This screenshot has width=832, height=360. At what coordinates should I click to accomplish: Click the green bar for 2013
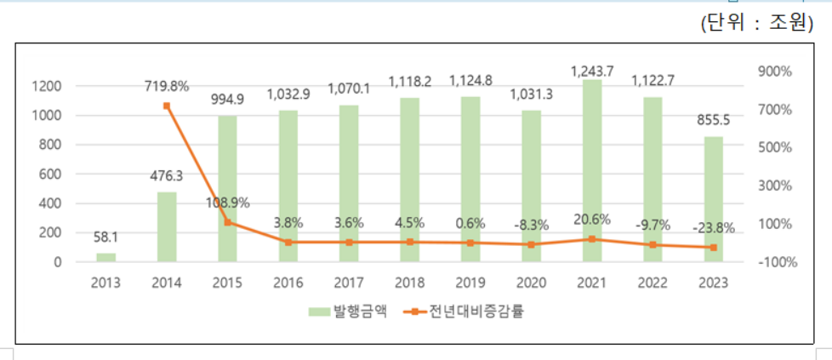[105, 257]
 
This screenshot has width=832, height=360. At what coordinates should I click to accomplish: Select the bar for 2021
[592, 170]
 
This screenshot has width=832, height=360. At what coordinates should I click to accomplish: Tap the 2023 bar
[714, 199]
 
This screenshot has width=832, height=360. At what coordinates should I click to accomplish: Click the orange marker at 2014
[167, 106]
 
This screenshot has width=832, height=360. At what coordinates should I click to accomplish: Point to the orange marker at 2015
[227, 222]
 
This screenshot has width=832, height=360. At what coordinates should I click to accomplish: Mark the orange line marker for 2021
[592, 239]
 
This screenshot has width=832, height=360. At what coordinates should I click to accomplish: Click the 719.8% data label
[167, 86]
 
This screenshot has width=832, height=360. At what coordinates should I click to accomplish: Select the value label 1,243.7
[592, 69]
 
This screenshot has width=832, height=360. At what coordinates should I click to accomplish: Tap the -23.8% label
[714, 227]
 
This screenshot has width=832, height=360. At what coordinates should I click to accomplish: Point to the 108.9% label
[227, 204]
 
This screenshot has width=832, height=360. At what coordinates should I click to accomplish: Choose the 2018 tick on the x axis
[410, 283]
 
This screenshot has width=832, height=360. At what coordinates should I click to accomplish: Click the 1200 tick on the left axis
[47, 86]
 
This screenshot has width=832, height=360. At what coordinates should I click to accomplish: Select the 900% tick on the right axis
[775, 71]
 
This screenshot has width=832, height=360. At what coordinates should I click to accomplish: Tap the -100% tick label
[775, 262]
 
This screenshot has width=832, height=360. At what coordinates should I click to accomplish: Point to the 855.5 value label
[714, 119]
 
